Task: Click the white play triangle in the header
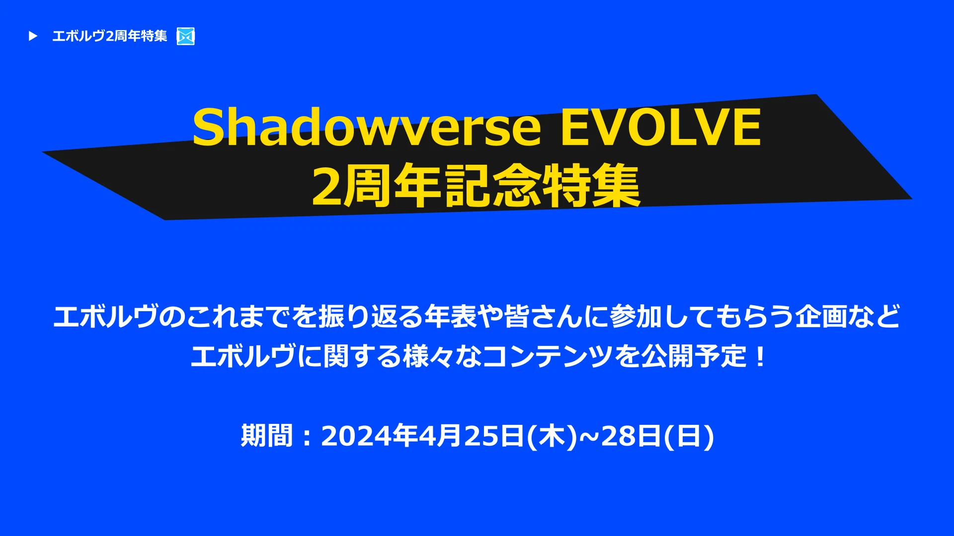(x=33, y=36)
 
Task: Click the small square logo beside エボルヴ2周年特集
(x=186, y=36)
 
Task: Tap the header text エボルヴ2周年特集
(x=110, y=36)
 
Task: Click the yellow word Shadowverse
(x=367, y=127)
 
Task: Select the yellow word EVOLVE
(x=661, y=128)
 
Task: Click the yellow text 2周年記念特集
(x=476, y=186)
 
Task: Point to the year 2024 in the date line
(x=356, y=436)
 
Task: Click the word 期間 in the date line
(x=267, y=436)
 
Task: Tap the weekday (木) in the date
(x=552, y=436)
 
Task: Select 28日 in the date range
(x=631, y=436)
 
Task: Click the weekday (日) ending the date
(x=689, y=436)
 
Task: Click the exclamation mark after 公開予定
(x=760, y=356)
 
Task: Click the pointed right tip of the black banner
(x=912, y=199)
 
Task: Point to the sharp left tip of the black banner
(x=43, y=152)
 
